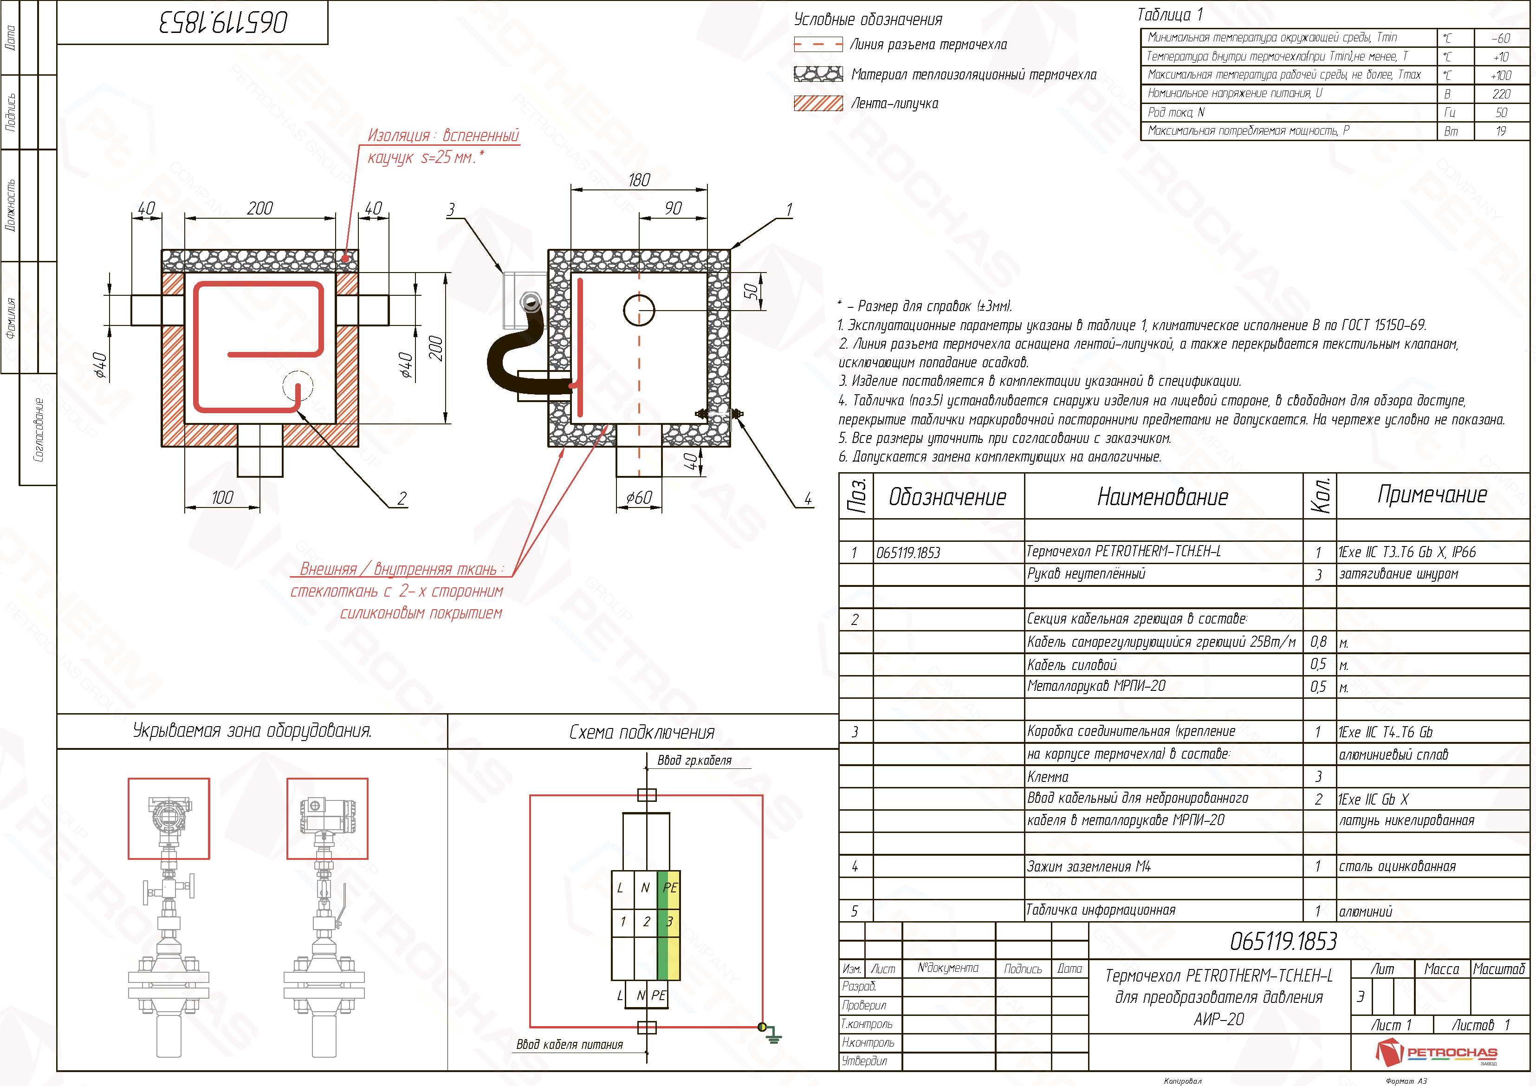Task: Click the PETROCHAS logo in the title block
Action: pyautogui.click(x=1436, y=1053)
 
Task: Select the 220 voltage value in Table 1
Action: pyautogui.click(x=1501, y=94)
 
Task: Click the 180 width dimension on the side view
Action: pyautogui.click(x=639, y=180)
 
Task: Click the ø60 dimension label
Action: pyautogui.click(x=639, y=497)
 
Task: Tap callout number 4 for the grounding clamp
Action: pyautogui.click(x=808, y=499)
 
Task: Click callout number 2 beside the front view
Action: pyautogui.click(x=402, y=499)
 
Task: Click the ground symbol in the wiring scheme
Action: pyautogui.click(x=773, y=1036)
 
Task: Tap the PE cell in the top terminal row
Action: pyautogui.click(x=670, y=888)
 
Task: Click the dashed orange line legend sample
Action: pyautogui.click(x=818, y=45)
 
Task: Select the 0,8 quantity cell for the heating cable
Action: pyautogui.click(x=1318, y=642)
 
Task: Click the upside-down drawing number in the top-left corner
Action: pyautogui.click(x=223, y=23)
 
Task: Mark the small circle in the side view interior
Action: pyautogui.click(x=639, y=310)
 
